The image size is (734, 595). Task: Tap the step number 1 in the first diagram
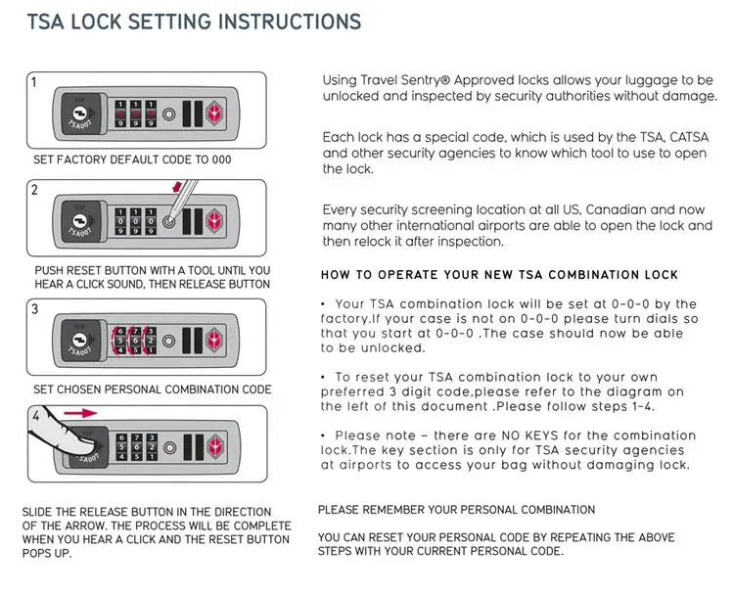[x=33, y=83]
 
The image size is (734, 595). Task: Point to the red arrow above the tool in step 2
[x=176, y=187]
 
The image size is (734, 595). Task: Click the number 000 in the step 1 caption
[x=219, y=160]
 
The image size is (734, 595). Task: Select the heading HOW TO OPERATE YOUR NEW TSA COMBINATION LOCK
[x=498, y=275]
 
